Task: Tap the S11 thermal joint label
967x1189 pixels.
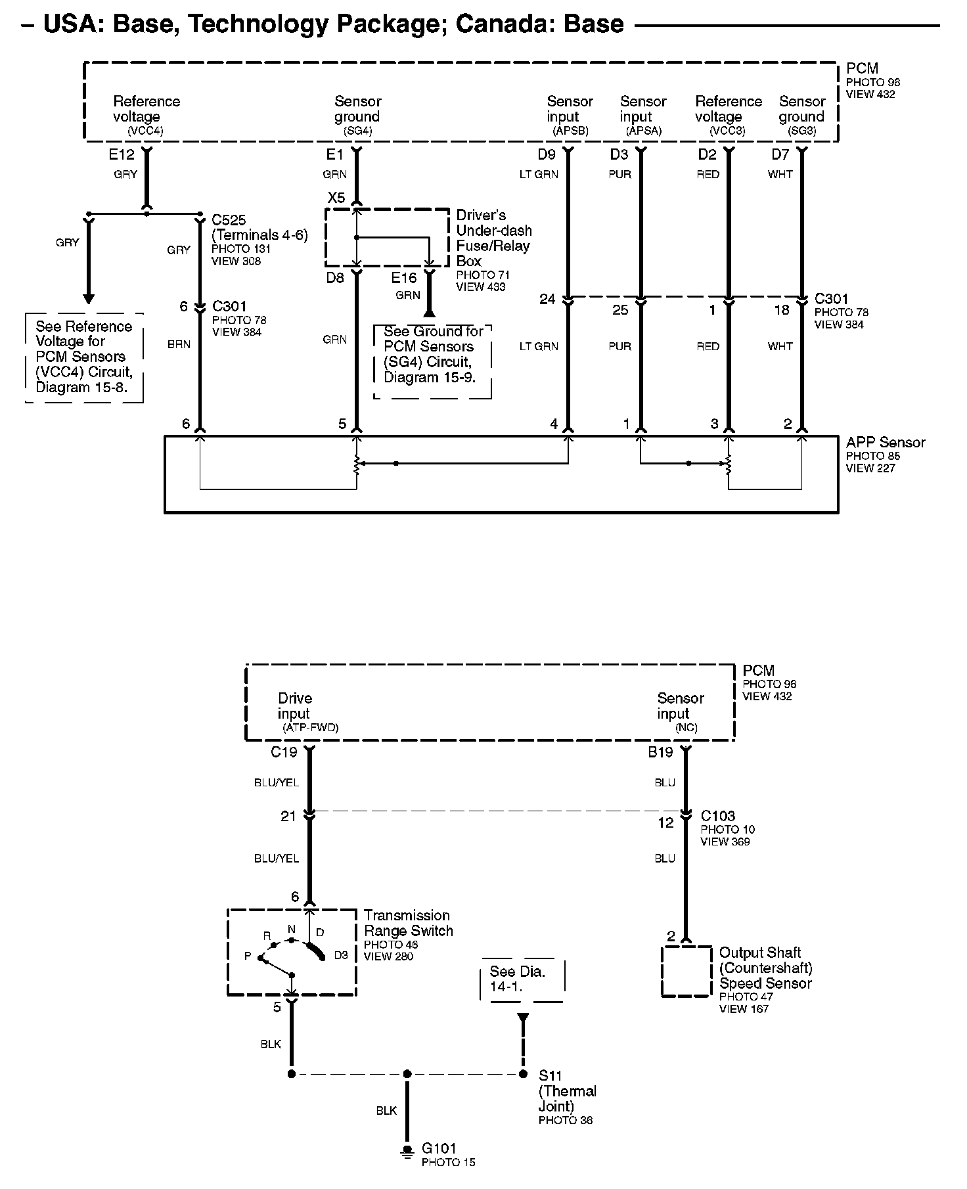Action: pos(551,1075)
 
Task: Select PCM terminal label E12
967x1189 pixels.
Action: pos(122,155)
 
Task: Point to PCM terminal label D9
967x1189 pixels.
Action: pos(547,155)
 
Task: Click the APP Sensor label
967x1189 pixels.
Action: pos(885,443)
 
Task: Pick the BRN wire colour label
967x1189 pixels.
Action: pos(179,344)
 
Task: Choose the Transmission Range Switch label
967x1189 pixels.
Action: pos(408,923)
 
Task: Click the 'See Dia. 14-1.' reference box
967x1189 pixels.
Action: pos(523,979)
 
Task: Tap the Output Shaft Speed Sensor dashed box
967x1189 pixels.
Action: pos(686,972)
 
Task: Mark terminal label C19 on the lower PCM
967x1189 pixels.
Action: pos(284,752)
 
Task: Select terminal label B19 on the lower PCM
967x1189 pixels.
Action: pos(661,752)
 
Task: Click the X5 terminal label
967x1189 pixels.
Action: pos(336,198)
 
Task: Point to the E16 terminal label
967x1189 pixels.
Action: pos(404,278)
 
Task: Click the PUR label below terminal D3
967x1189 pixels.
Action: pos(619,175)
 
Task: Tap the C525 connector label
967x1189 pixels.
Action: pos(229,220)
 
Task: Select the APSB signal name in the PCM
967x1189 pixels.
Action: pos(570,131)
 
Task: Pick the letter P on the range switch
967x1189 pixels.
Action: pos(248,956)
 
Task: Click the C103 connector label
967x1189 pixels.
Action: pos(717,816)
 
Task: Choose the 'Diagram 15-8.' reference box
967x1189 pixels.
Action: pos(84,357)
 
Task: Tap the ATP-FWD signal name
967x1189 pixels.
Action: pos(310,728)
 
